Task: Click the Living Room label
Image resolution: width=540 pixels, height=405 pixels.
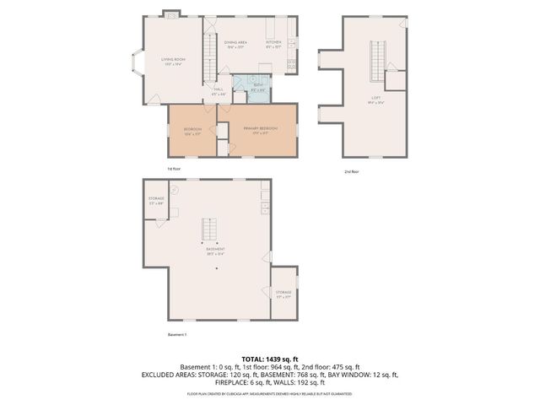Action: [x=173, y=60]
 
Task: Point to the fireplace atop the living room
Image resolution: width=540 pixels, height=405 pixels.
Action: [x=171, y=13]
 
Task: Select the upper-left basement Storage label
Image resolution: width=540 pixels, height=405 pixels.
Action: [x=156, y=200]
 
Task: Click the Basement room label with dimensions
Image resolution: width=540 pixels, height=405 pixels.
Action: [x=216, y=251]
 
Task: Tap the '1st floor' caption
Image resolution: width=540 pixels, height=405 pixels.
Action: [x=174, y=170]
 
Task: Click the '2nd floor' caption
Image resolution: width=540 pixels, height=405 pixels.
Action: [x=350, y=172]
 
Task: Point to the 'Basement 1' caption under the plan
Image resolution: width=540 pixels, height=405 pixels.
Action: [x=177, y=335]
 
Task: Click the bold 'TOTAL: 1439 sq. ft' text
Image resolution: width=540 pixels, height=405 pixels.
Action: [x=269, y=359]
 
